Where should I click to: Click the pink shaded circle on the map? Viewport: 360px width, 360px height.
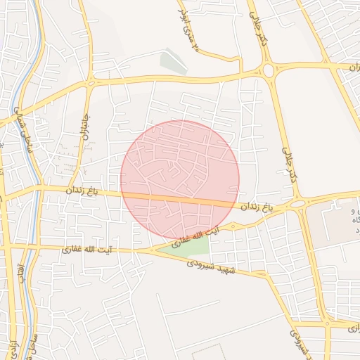[180, 179]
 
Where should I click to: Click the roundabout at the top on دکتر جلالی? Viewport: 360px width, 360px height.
[269, 70]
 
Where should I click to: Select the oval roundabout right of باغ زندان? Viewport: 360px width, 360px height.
[298, 203]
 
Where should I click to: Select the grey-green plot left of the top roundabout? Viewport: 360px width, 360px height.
[173, 62]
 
